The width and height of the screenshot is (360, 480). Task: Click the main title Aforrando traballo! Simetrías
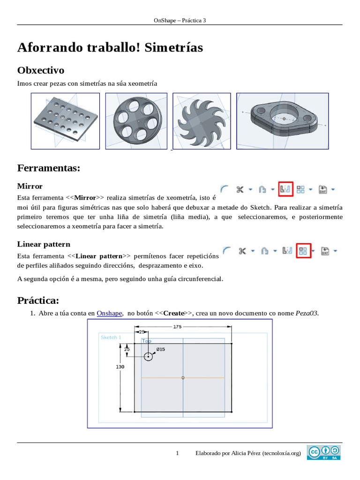(x=110, y=47)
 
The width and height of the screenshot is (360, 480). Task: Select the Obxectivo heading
(x=41, y=70)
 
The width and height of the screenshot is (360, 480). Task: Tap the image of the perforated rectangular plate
(x=65, y=121)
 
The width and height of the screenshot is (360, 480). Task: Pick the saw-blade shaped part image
(x=202, y=121)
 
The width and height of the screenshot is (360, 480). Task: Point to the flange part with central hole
(x=282, y=121)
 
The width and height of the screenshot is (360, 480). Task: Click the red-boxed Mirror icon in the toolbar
(x=285, y=189)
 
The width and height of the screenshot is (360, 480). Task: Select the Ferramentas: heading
(x=49, y=168)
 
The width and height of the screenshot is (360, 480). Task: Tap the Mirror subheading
(x=30, y=186)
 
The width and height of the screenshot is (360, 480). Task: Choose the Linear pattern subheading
(x=44, y=244)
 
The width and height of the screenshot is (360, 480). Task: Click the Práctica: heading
(x=38, y=300)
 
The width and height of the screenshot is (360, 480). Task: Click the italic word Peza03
(x=307, y=313)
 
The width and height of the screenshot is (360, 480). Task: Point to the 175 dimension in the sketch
(x=177, y=326)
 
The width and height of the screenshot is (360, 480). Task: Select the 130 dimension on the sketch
(x=120, y=367)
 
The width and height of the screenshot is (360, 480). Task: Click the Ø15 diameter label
(x=160, y=349)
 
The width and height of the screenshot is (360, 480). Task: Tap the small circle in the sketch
(x=149, y=357)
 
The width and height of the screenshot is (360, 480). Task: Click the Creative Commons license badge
(x=324, y=452)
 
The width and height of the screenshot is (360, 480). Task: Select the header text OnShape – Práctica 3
(x=180, y=20)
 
